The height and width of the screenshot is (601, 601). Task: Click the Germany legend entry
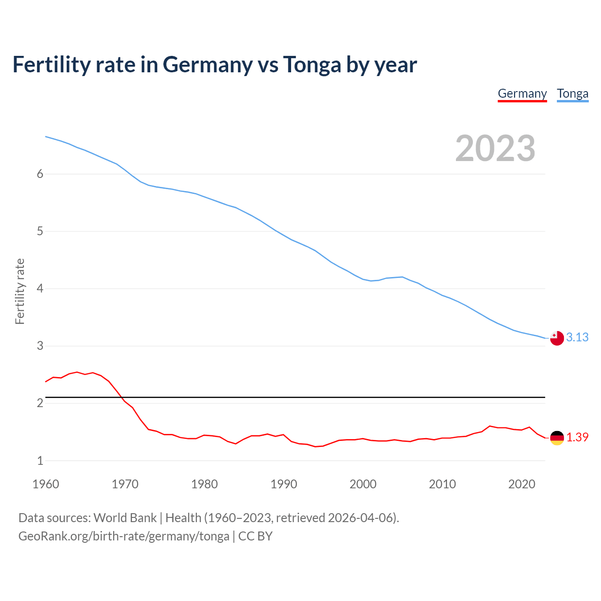click(522, 93)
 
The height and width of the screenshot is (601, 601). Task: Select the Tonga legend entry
click(572, 93)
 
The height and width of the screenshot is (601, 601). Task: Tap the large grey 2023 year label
click(495, 148)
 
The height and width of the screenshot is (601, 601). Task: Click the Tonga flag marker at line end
click(557, 338)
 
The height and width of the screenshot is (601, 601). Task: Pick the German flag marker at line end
click(557, 438)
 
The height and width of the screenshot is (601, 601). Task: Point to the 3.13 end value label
click(577, 337)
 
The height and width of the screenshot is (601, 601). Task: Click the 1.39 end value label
click(577, 437)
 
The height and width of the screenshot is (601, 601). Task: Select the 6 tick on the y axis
click(40, 174)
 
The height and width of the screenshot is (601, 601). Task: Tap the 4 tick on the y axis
click(40, 288)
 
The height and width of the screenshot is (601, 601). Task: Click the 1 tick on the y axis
click(40, 461)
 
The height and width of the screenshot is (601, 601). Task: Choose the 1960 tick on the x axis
click(46, 484)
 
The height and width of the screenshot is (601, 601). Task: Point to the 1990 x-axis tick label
click(284, 484)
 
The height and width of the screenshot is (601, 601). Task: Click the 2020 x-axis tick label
click(522, 484)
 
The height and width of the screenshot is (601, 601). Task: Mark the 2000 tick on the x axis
click(363, 484)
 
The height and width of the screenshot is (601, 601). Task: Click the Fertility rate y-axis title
click(20, 291)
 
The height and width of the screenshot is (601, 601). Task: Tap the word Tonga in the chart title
click(312, 65)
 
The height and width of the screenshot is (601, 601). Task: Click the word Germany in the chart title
click(208, 65)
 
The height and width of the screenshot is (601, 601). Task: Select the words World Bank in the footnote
click(125, 517)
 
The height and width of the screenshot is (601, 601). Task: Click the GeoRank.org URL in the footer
click(123, 536)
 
